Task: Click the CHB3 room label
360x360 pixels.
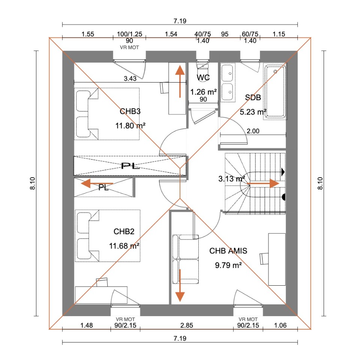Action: coord(130,111)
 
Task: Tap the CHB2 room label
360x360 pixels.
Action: coord(124,232)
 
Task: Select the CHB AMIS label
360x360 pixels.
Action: coord(228,251)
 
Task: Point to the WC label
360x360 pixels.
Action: coord(203,78)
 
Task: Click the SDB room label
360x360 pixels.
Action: coord(253,98)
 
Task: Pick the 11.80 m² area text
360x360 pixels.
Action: coord(130,126)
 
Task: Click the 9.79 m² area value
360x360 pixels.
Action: coord(228,265)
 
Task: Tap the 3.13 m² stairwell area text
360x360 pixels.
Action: coord(231,179)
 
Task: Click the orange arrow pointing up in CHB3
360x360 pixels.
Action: coord(180,81)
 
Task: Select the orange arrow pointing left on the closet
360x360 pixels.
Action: coord(97,184)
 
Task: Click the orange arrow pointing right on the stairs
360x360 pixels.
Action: coord(263,184)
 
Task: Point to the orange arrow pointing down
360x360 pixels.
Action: coord(180,285)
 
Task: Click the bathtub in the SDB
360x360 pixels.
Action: coord(275,91)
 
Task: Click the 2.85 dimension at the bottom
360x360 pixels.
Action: coord(187,325)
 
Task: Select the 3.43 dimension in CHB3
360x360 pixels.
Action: coord(130,78)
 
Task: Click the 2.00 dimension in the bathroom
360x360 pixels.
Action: coord(253,131)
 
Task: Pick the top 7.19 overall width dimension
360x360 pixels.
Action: coord(180,21)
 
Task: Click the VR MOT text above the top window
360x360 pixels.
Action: coord(129,47)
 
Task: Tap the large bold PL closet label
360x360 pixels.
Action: coord(130,166)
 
